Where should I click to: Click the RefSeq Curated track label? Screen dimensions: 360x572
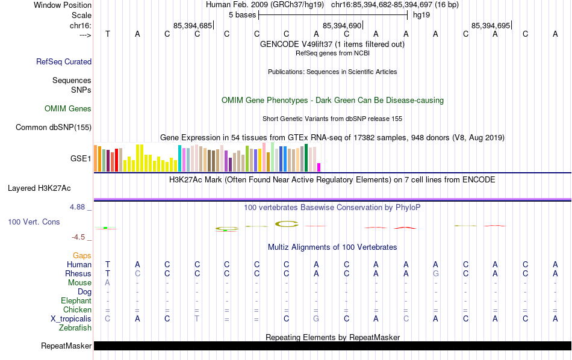tap(64, 61)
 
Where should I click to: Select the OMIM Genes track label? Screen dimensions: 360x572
tap(68, 109)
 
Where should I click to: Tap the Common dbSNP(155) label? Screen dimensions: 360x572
tap(54, 127)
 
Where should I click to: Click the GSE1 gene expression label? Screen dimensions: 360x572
tap(81, 159)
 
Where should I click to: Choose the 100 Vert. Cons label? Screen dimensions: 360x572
tap(34, 222)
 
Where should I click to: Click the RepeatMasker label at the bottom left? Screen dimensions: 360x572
tap(66, 346)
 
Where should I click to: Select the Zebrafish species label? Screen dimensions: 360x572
tap(75, 328)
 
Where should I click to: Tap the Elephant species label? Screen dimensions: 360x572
tap(76, 301)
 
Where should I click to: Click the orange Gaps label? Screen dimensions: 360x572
tap(82, 256)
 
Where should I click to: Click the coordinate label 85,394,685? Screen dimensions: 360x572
tap(192, 26)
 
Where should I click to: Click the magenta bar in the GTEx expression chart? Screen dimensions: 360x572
tap(319, 167)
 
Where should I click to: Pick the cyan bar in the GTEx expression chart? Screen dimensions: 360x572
tap(179, 158)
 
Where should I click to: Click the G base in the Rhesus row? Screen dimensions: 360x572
tap(435, 274)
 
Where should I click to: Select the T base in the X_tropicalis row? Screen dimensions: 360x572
tap(197, 319)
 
